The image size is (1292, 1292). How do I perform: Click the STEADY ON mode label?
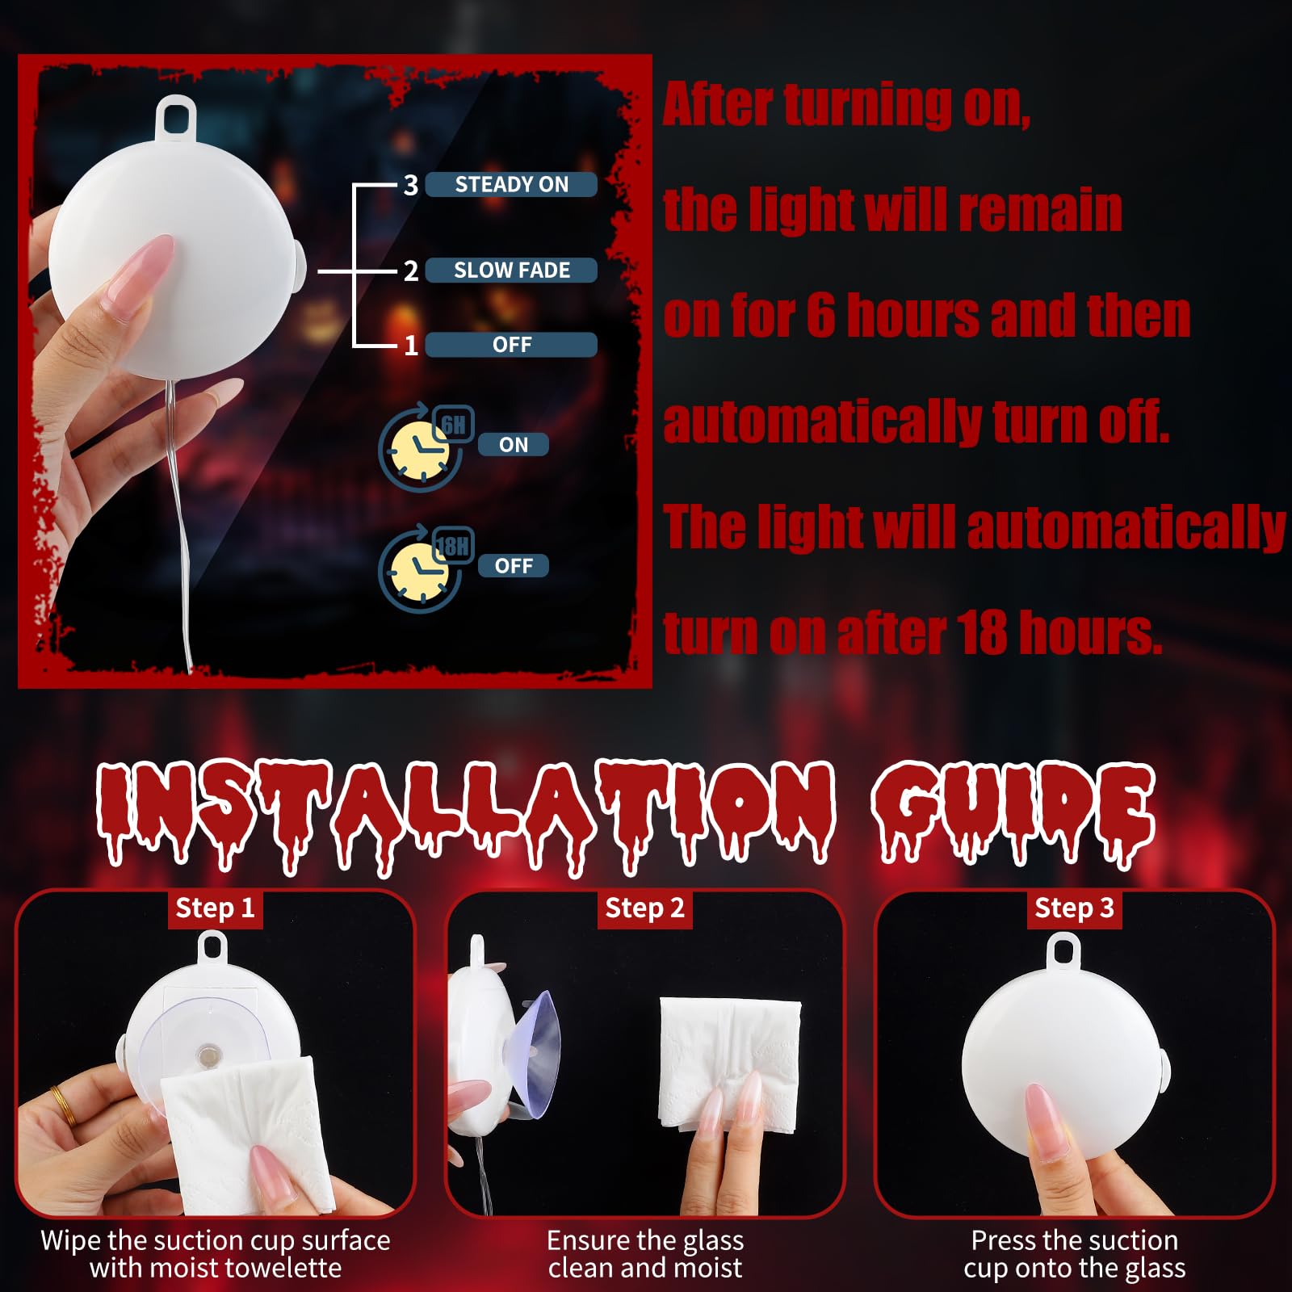coord(511,184)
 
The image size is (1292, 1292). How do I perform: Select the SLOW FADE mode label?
coord(511,270)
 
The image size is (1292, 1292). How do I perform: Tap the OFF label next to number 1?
coord(511,345)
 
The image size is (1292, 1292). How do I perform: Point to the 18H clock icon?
coord(424,568)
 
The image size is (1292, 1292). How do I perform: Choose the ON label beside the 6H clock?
coord(514,445)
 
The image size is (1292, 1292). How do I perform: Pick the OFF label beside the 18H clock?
coord(514,566)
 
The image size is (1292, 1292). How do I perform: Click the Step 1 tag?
coord(215,908)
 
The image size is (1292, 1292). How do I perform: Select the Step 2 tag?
coord(644,908)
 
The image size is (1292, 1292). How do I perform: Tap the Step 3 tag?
coord(1074,908)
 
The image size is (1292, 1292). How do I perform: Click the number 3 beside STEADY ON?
coord(411,186)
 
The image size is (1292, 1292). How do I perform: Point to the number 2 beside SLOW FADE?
coord(411,271)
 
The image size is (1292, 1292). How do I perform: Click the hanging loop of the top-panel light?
coord(175,115)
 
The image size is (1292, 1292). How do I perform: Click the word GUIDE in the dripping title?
coord(1013,816)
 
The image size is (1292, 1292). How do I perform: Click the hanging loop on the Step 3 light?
coord(1063,950)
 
